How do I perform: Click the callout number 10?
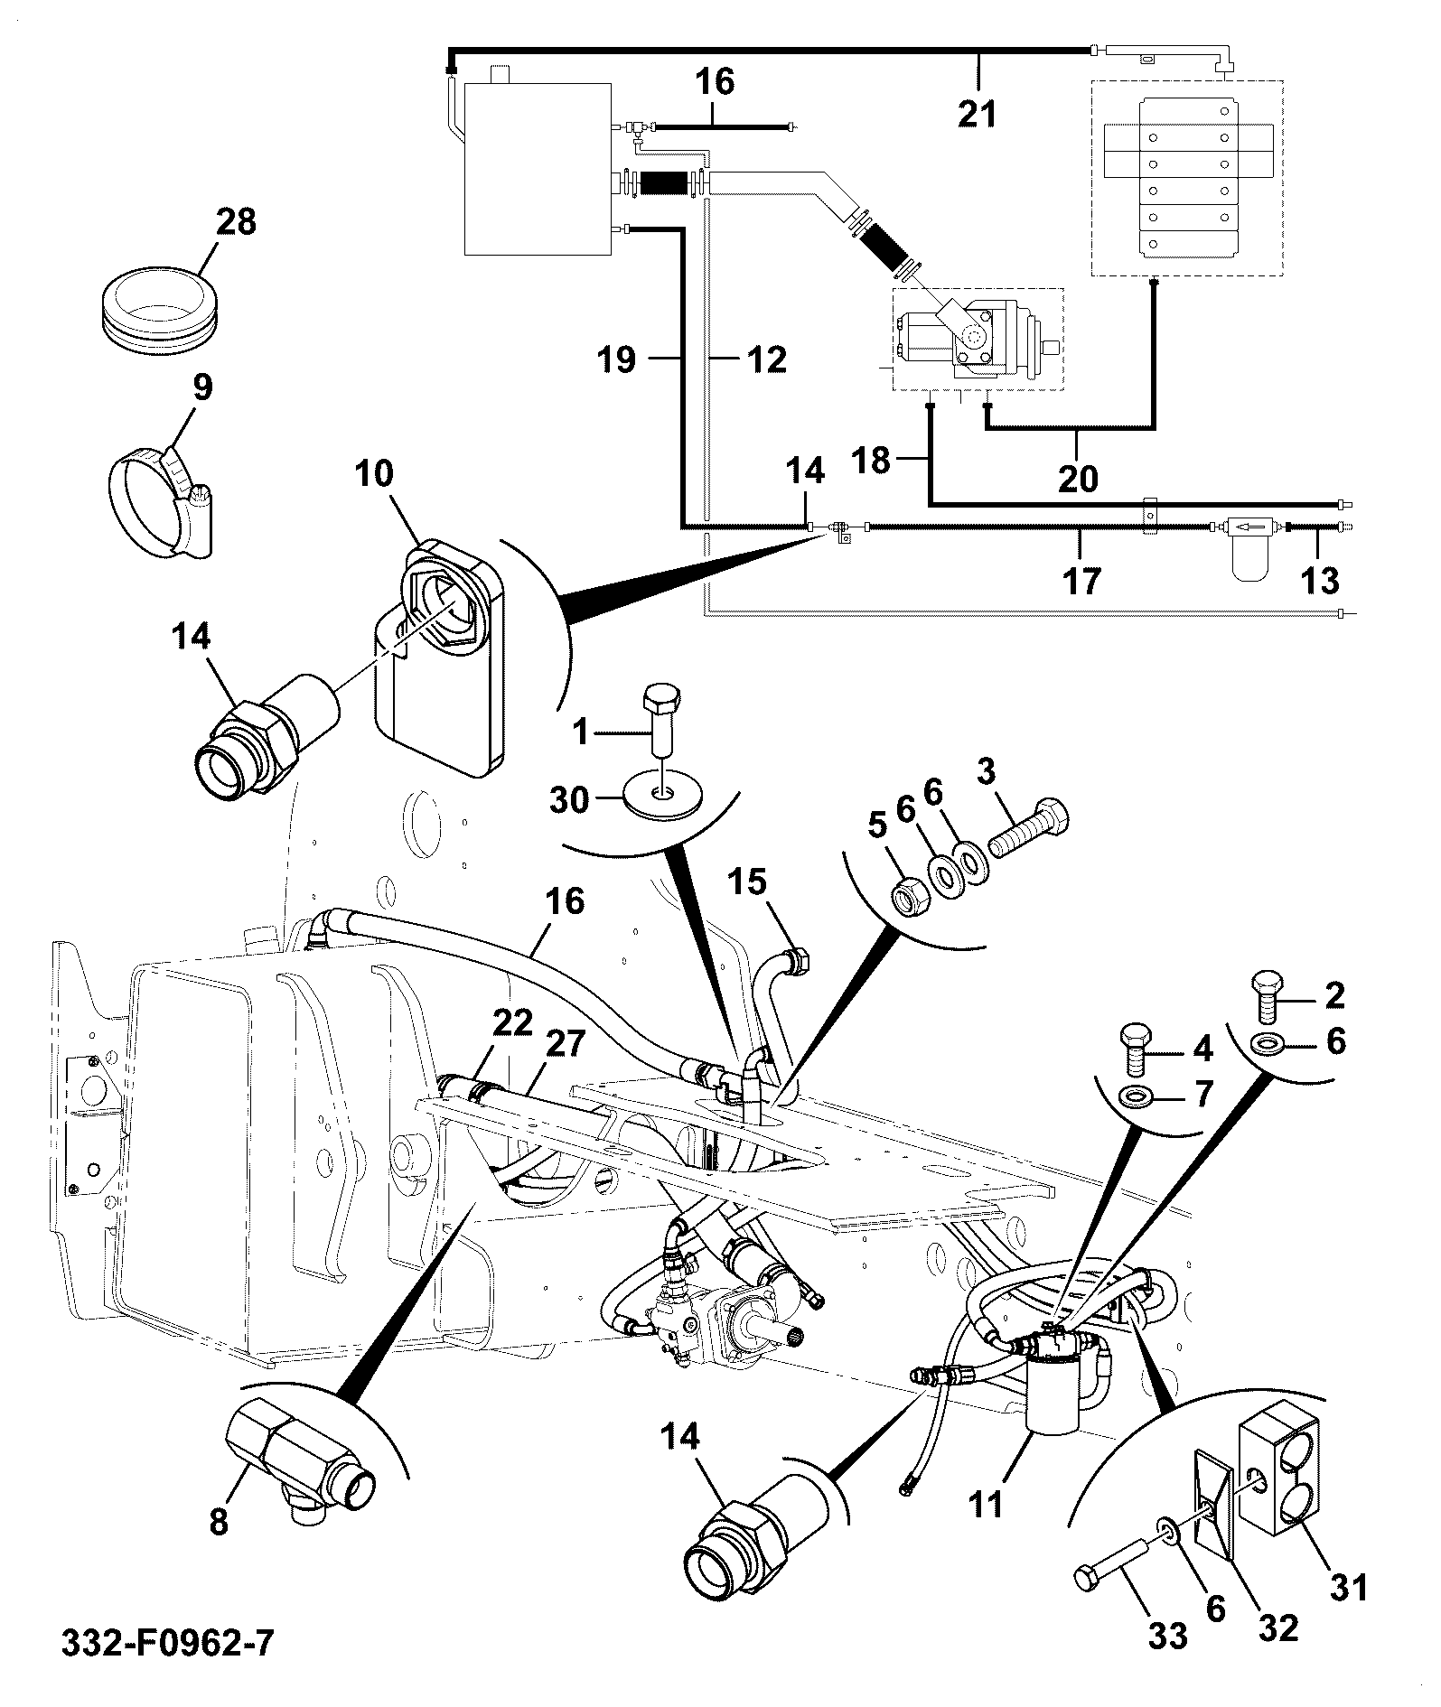point(374,473)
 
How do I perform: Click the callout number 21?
point(978,115)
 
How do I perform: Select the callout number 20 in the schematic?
point(1077,478)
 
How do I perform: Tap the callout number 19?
point(617,360)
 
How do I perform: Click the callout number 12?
point(766,360)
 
